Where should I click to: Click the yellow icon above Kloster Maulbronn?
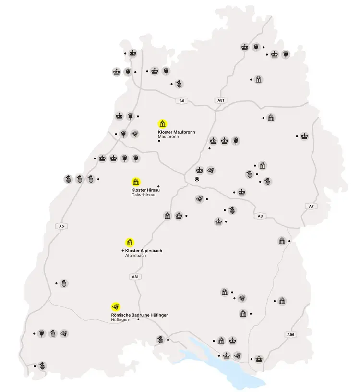point(163,123)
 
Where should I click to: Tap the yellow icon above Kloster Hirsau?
point(136,182)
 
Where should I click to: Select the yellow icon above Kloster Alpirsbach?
point(130,242)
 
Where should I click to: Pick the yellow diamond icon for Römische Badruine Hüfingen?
point(115,306)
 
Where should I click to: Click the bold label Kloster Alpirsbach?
point(144,251)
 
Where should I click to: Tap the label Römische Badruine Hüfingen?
point(139,315)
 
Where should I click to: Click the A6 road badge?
point(181,101)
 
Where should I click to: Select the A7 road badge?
point(311,206)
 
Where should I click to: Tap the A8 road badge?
point(260,216)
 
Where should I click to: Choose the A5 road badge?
point(61,226)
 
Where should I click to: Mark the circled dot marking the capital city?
point(197,179)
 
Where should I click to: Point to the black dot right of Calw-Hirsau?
point(158,186)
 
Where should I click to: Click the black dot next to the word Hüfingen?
point(138,319)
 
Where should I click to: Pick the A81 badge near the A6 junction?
point(221,100)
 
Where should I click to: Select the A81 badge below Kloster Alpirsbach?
point(135,277)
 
